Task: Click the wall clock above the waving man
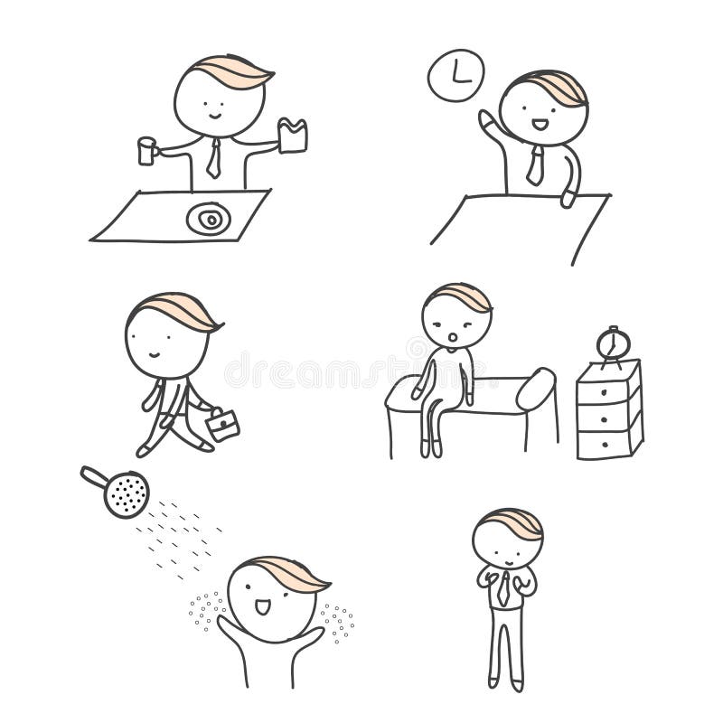coord(455,74)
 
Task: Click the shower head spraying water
coord(125,493)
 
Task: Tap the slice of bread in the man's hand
coord(293,136)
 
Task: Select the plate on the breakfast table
coord(208,219)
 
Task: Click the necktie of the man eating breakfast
coord(213,159)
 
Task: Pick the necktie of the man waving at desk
coord(535,166)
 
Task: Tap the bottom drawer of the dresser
coord(607,443)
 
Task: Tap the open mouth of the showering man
coord(263,606)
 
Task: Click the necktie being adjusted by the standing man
coord(503,588)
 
